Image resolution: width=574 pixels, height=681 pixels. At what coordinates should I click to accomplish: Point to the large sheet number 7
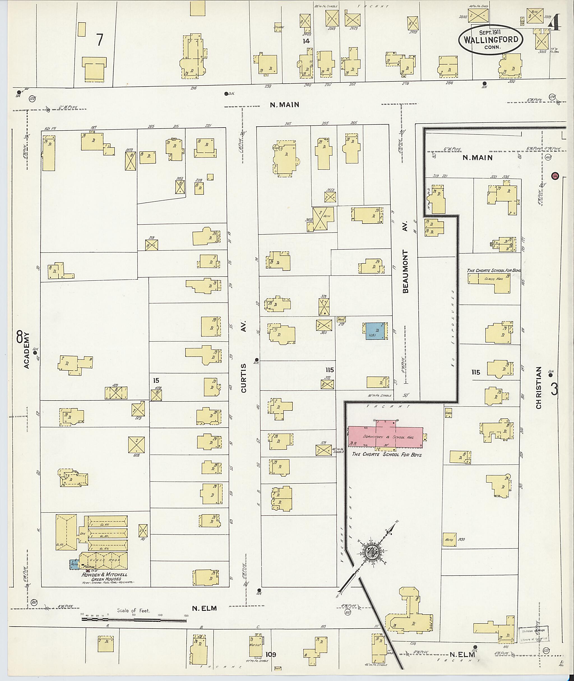coord(99,40)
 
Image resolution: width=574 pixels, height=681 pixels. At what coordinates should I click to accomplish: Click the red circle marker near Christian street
coord(555,176)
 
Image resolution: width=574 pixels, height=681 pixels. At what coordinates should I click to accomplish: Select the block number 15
coord(156,380)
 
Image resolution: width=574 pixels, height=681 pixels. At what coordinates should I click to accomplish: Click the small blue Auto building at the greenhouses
coord(75,564)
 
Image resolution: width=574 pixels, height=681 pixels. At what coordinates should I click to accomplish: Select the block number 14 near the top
coord(306,41)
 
